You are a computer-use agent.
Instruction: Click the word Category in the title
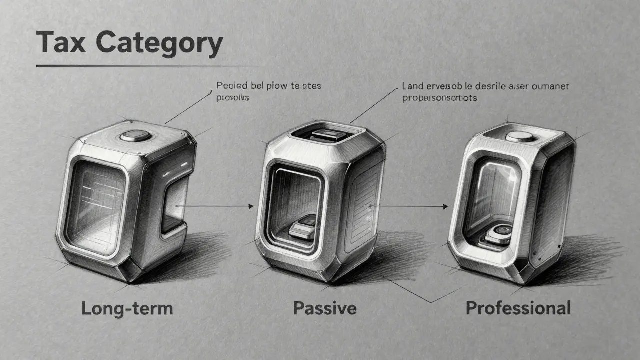(159, 43)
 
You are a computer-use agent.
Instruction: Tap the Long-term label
(127, 308)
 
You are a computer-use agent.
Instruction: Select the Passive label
(324, 308)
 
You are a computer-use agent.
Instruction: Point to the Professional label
(518, 308)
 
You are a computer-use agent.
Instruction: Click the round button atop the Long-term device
(135, 135)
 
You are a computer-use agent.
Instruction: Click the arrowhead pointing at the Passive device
(250, 205)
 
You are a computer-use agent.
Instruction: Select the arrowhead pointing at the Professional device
(444, 205)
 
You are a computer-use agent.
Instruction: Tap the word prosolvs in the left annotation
(232, 98)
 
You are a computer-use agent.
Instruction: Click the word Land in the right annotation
(413, 86)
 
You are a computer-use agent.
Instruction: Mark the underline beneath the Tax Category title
(145, 65)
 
